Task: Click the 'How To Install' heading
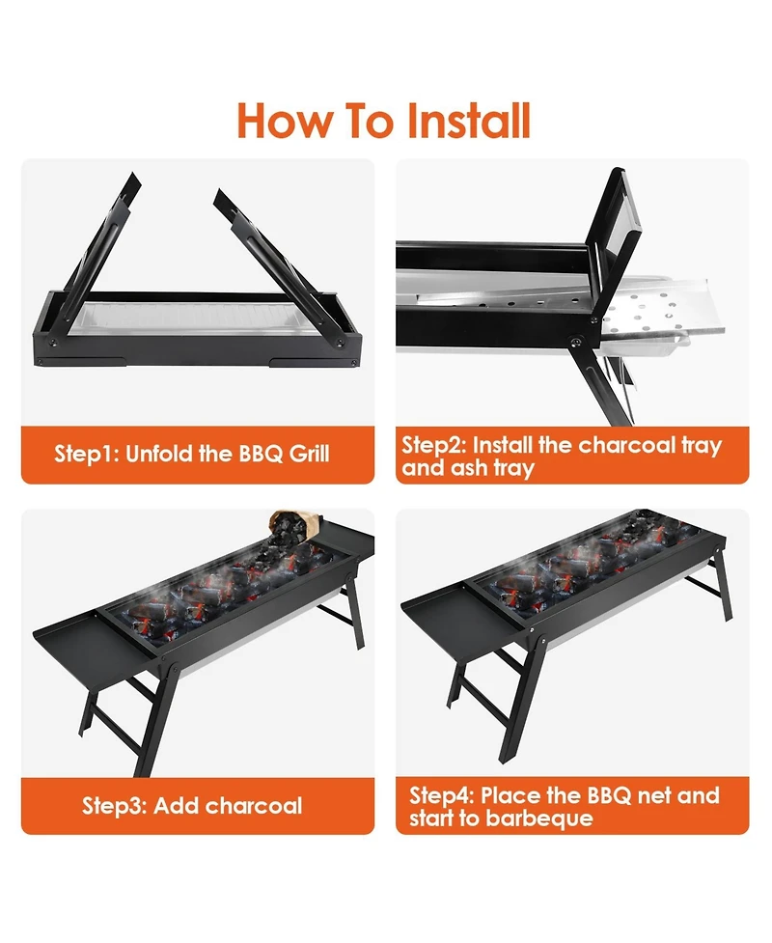point(384,123)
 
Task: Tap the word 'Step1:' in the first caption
point(86,453)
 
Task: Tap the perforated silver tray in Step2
point(656,314)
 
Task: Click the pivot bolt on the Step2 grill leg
point(576,343)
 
